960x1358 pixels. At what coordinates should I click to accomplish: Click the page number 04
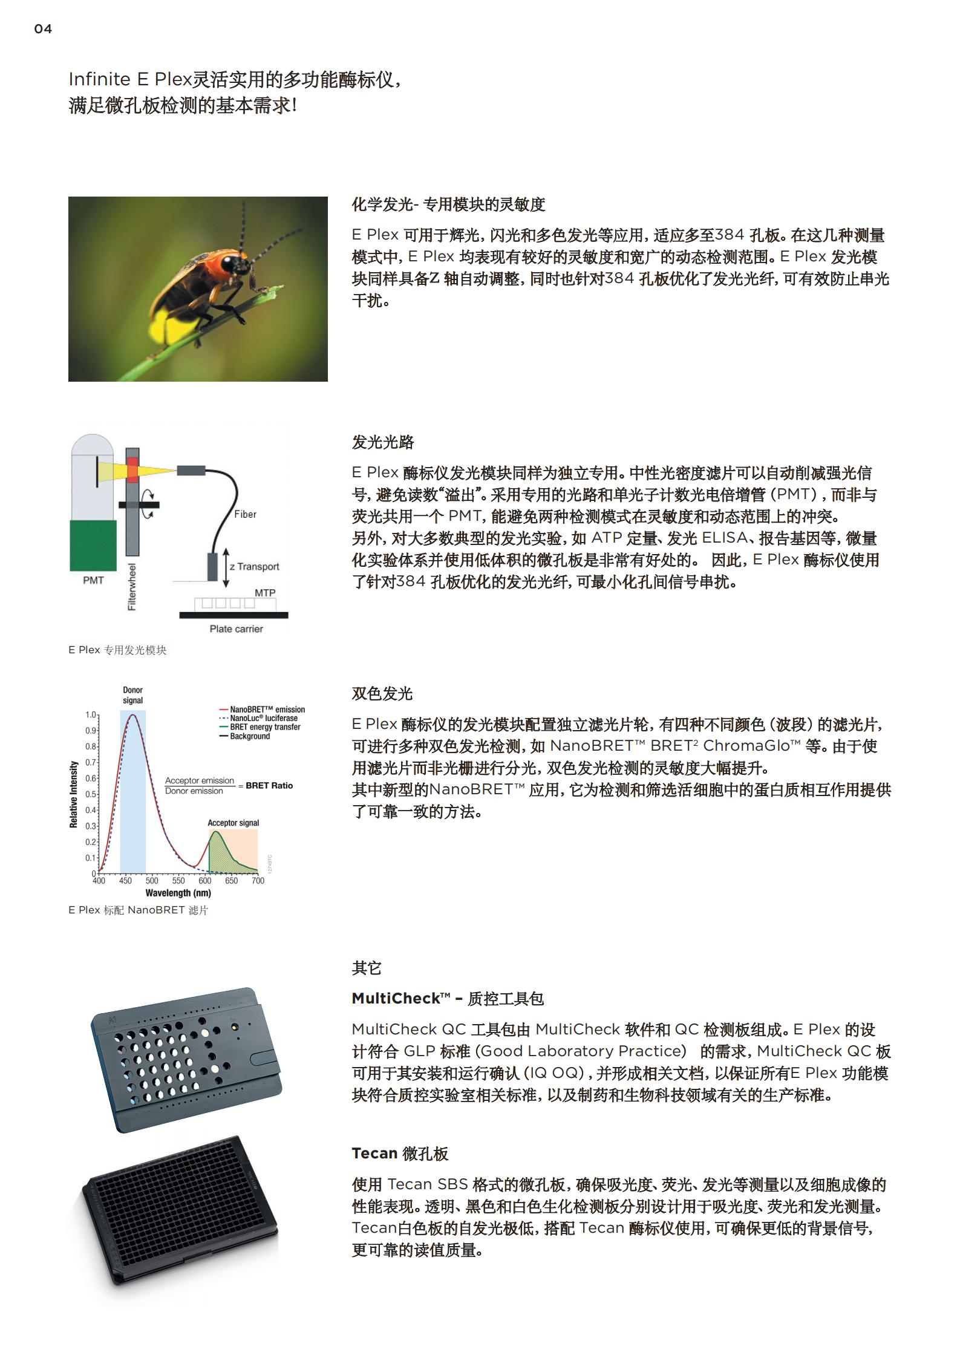pos(43,29)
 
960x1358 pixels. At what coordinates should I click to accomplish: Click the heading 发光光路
pos(383,442)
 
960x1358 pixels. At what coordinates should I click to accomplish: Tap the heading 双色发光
pos(382,693)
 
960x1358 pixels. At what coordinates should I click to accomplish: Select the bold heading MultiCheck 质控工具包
pos(447,999)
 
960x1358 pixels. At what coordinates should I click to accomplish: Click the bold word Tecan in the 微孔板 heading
pos(374,1153)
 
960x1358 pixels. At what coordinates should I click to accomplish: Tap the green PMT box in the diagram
pos(93,545)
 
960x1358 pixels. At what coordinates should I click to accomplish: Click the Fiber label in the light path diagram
pos(245,514)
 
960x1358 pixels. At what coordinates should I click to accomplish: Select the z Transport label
pos(254,566)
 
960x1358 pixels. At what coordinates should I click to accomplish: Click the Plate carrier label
pos(236,628)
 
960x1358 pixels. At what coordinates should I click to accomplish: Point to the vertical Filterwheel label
pos(132,587)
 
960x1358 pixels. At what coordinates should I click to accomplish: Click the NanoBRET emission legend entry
pos(267,710)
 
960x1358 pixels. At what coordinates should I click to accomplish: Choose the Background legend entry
pos(249,736)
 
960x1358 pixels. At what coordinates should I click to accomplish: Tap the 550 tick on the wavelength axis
pos(178,881)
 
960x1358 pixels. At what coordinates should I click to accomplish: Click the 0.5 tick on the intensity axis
pos(91,794)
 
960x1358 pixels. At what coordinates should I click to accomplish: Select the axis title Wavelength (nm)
pos(178,893)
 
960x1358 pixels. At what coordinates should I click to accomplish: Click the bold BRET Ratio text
pos(269,786)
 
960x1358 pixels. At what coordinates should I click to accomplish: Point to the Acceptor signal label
pos(233,823)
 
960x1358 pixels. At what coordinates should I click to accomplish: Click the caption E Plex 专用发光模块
pos(117,650)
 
